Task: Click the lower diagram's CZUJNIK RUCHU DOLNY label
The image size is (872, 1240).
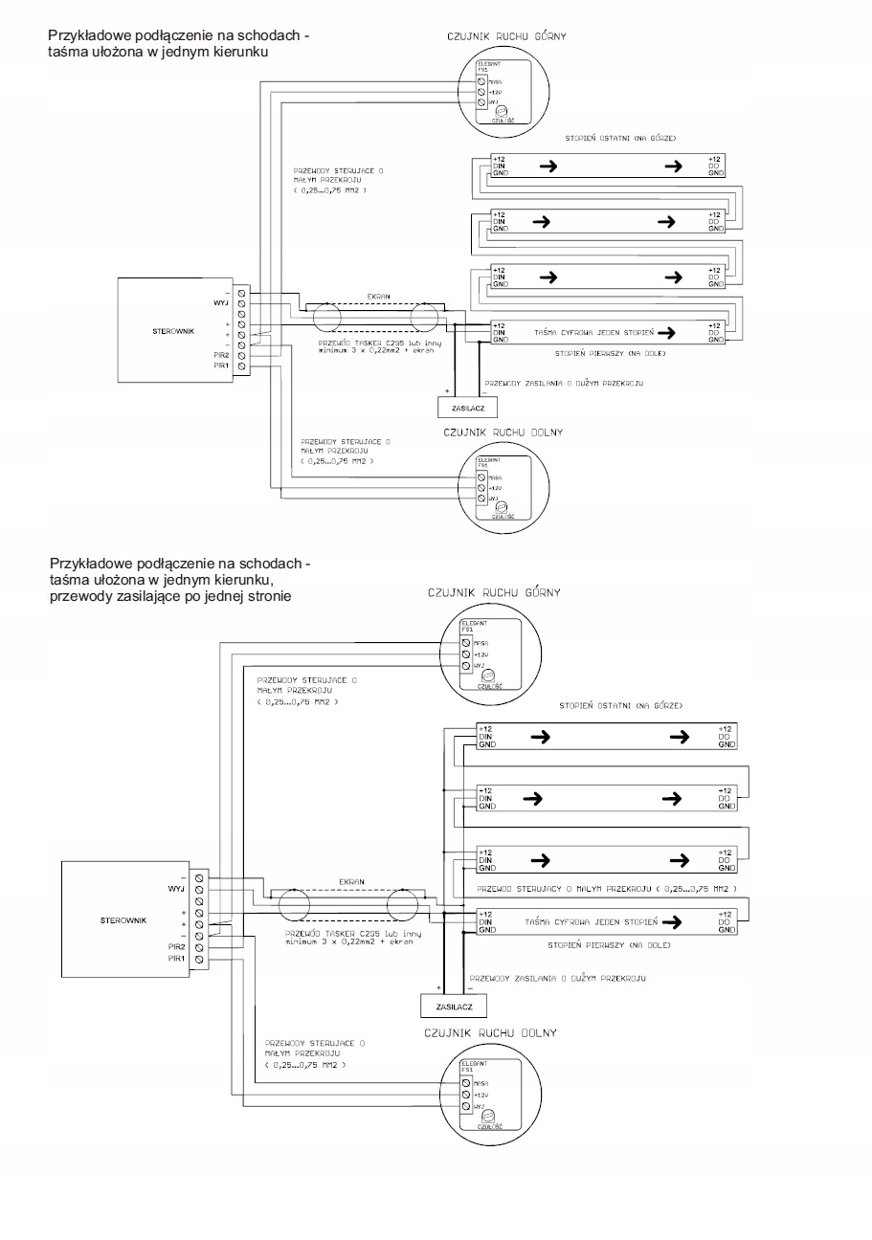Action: click(489, 1033)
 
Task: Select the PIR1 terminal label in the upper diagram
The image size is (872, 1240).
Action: click(220, 365)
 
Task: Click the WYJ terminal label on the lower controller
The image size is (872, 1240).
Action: click(176, 889)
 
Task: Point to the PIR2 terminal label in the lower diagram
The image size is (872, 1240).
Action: click(176, 946)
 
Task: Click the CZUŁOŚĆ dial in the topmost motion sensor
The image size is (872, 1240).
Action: click(501, 111)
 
